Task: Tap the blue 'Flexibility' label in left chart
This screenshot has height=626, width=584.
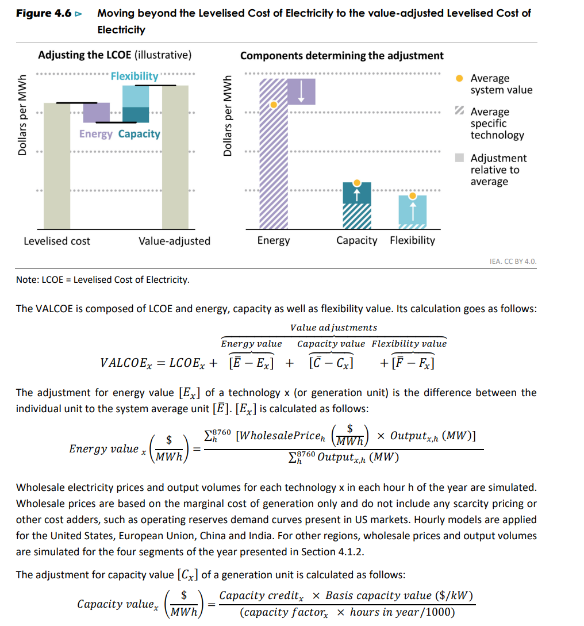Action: coord(135,76)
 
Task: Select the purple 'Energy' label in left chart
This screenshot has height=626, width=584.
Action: coord(95,134)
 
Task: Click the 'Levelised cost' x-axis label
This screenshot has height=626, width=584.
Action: coord(57,241)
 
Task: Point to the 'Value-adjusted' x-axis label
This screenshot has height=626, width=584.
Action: coord(174,241)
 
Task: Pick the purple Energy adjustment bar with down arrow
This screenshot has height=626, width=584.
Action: coord(301,91)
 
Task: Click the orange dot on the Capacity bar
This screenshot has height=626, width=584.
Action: coord(357,183)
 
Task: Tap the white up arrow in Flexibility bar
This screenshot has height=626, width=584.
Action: coord(412,210)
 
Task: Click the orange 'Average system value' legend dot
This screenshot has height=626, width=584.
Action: coord(459,78)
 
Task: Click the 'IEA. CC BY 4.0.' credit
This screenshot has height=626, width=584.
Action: coord(513,262)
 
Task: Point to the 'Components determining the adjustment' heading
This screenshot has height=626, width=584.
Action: coord(341,56)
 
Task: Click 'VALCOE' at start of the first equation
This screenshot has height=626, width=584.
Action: coord(122,363)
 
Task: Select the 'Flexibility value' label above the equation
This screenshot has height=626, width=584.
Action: coord(409,344)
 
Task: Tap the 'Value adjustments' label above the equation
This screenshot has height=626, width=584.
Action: coord(333,328)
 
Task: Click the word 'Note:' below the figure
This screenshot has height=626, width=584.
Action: coord(27,280)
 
